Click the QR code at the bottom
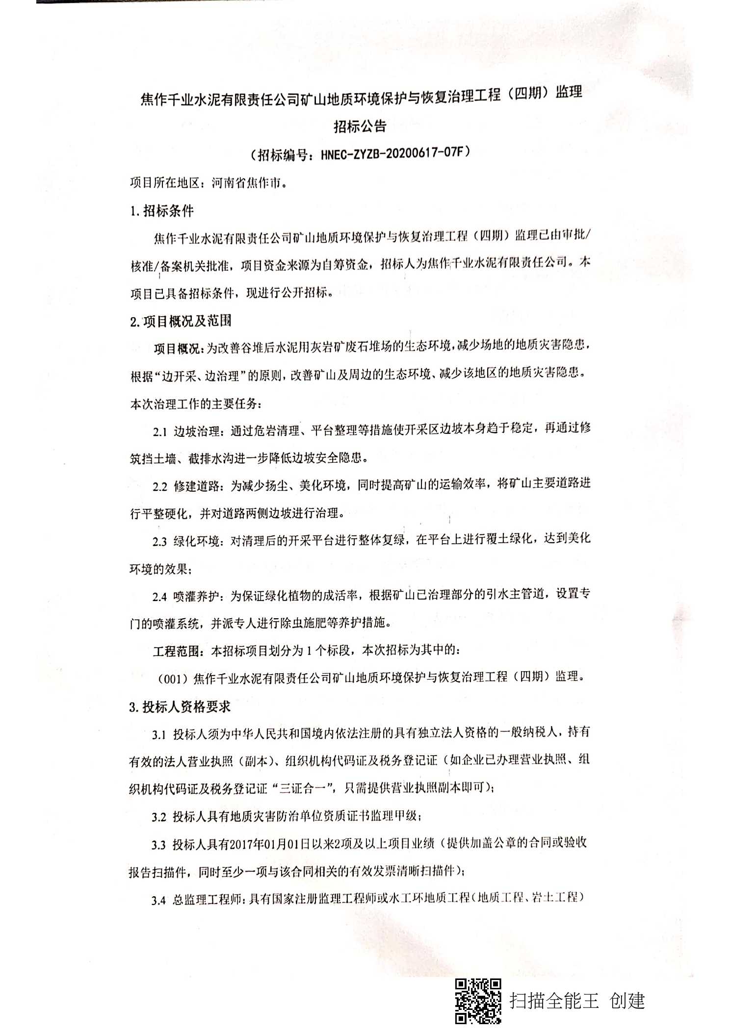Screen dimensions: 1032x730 [x=478, y=1000]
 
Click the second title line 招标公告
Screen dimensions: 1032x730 [x=360, y=126]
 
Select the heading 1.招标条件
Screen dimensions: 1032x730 [x=162, y=211]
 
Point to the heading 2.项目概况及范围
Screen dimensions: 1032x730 [x=181, y=321]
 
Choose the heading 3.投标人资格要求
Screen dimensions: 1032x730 [x=180, y=706]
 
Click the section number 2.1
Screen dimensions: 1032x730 [x=160, y=432]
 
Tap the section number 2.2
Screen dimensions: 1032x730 [x=160, y=487]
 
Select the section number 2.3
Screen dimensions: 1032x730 [x=160, y=542]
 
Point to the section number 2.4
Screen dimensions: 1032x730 [x=160, y=597]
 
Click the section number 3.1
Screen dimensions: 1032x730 [x=159, y=734]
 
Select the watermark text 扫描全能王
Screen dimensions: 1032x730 [x=554, y=1000]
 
